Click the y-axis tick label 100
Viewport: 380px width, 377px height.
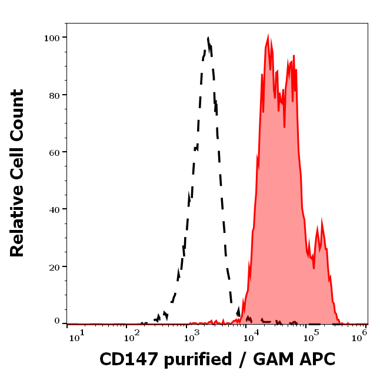(x=53, y=38)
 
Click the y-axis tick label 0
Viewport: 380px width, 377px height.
(x=58, y=322)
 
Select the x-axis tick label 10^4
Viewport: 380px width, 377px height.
(x=252, y=335)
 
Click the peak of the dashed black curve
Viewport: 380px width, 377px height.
(x=208, y=39)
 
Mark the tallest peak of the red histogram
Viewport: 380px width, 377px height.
(x=268, y=38)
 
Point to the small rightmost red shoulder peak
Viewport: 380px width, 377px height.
(x=321, y=222)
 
